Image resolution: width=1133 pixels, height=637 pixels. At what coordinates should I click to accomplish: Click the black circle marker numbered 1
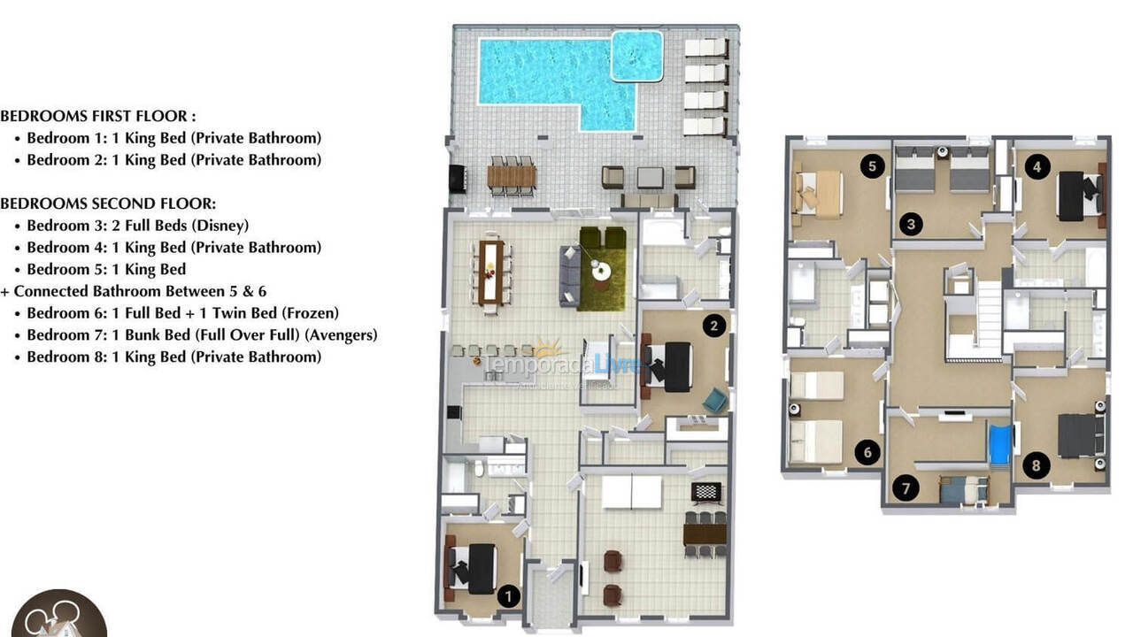(x=508, y=596)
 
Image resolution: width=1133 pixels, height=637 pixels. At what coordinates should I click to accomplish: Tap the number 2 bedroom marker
(x=714, y=326)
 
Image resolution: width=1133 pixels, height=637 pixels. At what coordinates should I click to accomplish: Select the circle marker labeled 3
(x=910, y=224)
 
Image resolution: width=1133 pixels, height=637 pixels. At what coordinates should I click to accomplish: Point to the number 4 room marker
(x=1038, y=165)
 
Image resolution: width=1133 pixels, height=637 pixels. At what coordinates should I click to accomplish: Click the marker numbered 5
(x=873, y=165)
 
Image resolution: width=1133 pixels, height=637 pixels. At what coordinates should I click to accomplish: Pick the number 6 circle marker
(x=867, y=453)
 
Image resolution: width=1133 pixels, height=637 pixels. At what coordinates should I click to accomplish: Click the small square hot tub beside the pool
(x=637, y=56)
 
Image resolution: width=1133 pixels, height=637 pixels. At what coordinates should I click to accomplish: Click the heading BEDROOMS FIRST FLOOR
(x=98, y=116)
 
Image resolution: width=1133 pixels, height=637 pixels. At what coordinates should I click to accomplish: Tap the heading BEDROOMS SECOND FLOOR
(x=108, y=203)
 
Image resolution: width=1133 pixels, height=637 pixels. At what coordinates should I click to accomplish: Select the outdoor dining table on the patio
(x=512, y=177)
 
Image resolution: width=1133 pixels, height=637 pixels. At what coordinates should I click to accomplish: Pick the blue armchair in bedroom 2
(x=715, y=401)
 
